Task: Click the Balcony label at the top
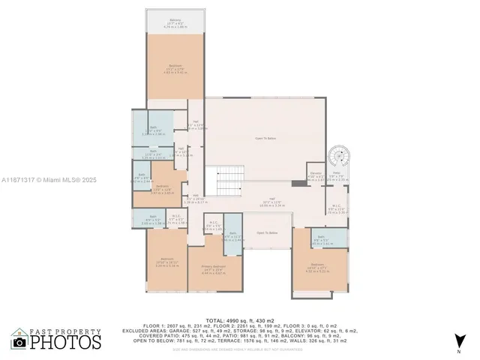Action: [x=175, y=22]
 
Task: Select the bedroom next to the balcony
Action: [x=175, y=67]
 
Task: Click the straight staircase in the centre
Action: [x=226, y=180]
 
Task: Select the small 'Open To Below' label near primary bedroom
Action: [x=268, y=233]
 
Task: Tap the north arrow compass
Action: [x=458, y=341]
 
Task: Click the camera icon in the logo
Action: [x=19, y=341]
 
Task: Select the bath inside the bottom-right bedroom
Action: [x=329, y=239]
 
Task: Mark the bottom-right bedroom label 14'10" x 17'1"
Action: [x=320, y=270]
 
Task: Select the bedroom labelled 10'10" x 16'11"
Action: [x=166, y=262]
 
